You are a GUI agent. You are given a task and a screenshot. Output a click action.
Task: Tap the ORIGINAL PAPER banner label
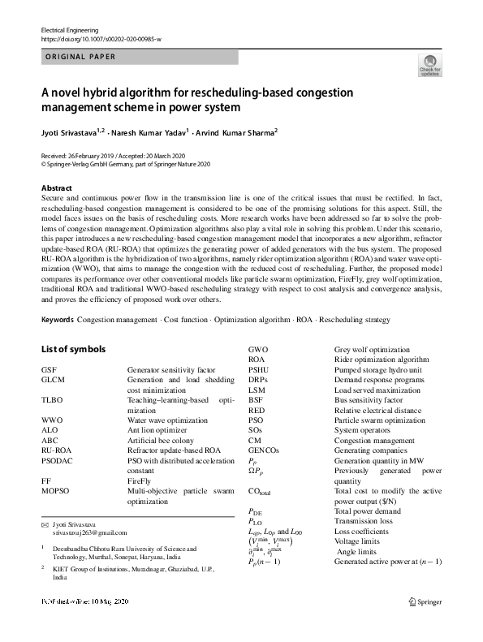pyautogui.click(x=80, y=57)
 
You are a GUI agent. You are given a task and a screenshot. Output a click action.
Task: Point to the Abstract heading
pyautogui.click(x=56, y=187)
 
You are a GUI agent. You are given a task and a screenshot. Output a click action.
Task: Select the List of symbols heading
pyautogui.click(x=75, y=349)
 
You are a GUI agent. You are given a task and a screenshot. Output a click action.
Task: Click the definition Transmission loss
pyautogui.click(x=366, y=522)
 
